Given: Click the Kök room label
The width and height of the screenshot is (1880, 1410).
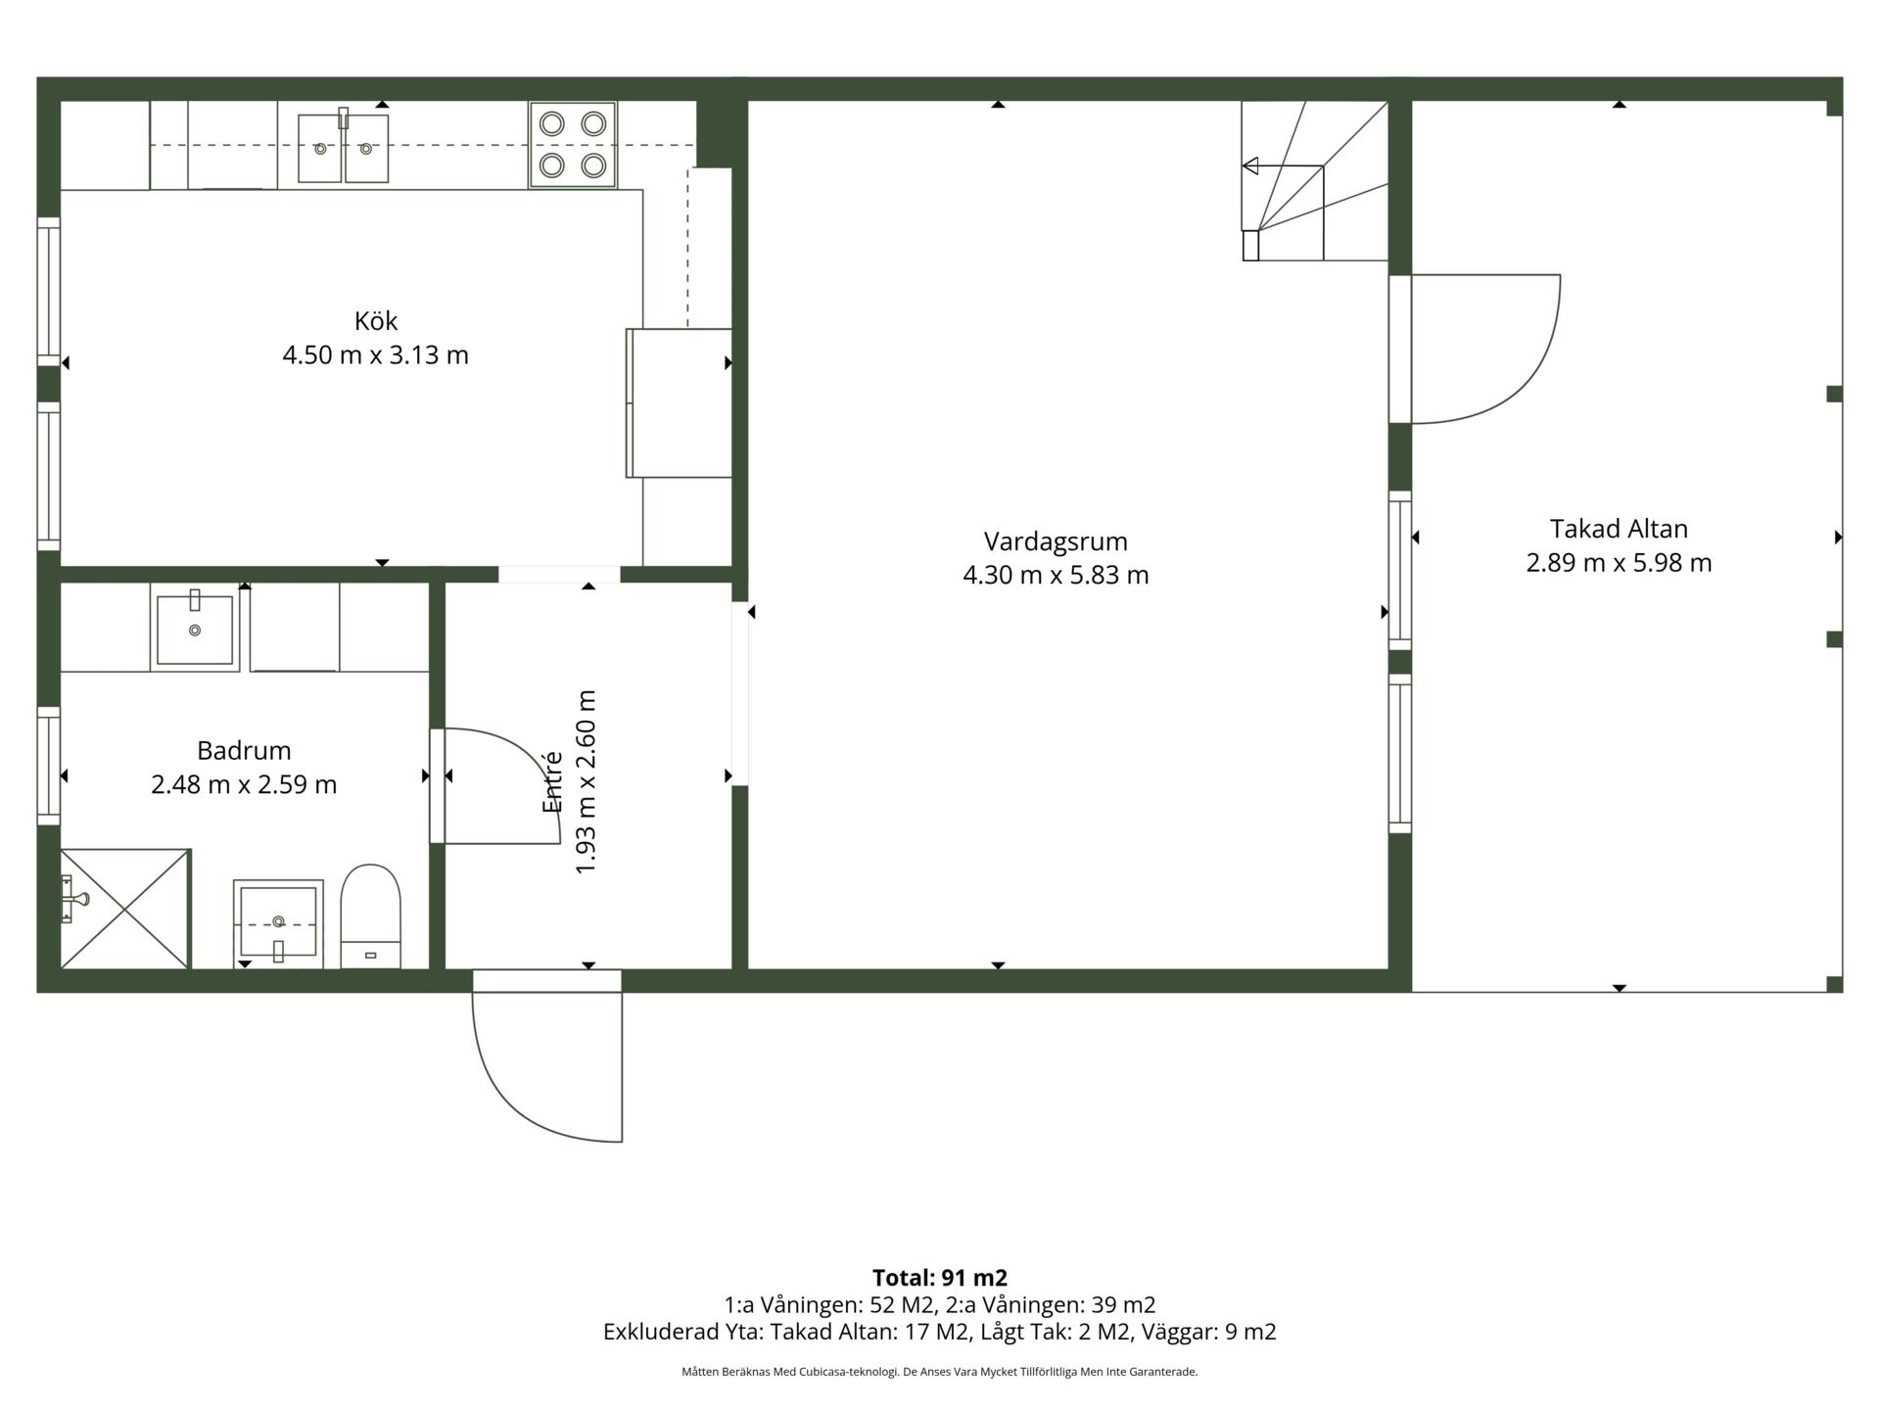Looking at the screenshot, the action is [376, 320].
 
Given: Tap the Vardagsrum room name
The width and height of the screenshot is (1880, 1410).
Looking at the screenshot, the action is [1056, 541].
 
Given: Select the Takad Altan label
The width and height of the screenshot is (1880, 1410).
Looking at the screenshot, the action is [1619, 529].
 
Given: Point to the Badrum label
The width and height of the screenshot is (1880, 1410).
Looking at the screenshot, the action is [244, 751].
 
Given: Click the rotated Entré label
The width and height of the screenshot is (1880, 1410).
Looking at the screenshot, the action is [552, 781].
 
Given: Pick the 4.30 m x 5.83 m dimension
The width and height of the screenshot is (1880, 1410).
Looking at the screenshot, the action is [1056, 575].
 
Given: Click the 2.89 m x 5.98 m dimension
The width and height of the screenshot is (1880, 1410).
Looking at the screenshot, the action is [1619, 563].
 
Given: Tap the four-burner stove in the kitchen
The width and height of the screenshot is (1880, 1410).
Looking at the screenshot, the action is [573, 144].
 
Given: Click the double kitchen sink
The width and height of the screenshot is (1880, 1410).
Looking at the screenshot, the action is [343, 148].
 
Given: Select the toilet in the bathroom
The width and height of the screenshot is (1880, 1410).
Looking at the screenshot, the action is [370, 916].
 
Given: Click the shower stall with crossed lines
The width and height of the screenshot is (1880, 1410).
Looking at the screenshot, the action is [124, 909].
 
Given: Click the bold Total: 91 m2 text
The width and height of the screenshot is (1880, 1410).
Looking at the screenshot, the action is [940, 1278].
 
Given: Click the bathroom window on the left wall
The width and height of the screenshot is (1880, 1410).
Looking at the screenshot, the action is [49, 766].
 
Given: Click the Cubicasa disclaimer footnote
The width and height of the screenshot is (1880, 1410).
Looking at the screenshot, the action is [940, 1372].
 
